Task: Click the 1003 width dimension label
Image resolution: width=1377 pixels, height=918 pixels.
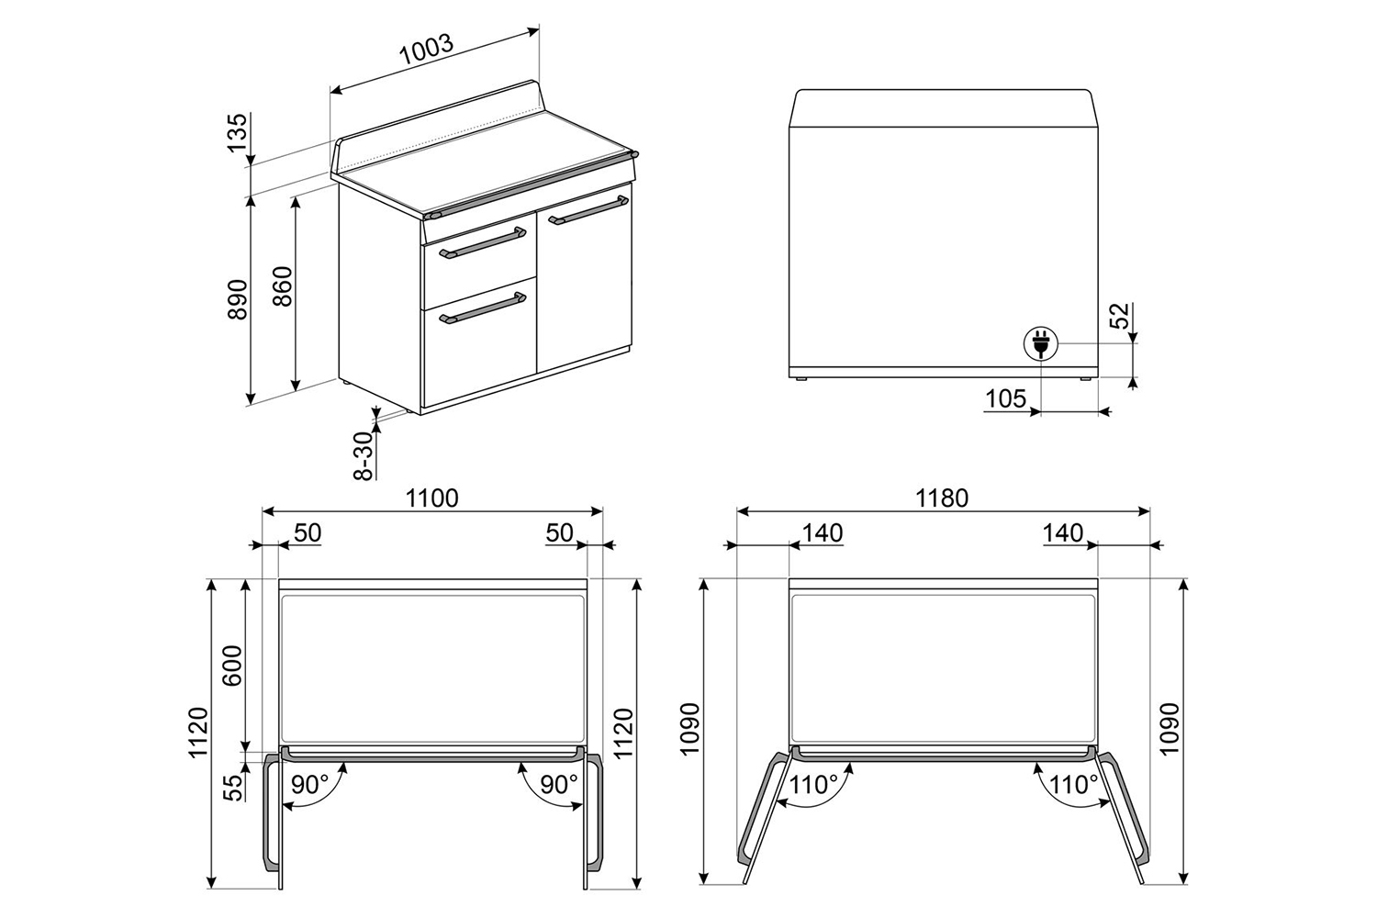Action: click(x=427, y=50)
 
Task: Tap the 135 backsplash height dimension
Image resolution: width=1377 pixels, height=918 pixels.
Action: click(x=237, y=133)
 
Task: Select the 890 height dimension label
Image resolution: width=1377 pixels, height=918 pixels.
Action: click(x=237, y=299)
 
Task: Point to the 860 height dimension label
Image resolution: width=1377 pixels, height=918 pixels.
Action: click(x=282, y=286)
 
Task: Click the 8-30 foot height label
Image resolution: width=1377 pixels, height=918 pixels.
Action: click(x=364, y=455)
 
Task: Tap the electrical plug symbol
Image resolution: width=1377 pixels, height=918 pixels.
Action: click(x=1041, y=343)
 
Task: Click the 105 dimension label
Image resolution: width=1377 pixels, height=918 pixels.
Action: click(x=1006, y=398)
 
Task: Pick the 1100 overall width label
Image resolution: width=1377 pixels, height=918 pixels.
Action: click(x=431, y=498)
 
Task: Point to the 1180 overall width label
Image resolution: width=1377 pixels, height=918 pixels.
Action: click(x=942, y=498)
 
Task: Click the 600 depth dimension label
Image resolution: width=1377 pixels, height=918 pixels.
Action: click(x=233, y=666)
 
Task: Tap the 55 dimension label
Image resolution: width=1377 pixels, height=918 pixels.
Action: click(x=233, y=788)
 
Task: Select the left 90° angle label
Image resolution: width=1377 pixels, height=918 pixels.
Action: click(x=309, y=785)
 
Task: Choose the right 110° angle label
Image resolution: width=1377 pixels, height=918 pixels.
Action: click(x=1073, y=785)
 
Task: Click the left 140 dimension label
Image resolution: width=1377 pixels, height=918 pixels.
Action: click(x=823, y=533)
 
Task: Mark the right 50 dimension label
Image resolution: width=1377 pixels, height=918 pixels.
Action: click(x=559, y=533)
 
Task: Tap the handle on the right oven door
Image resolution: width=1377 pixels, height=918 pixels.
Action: click(x=588, y=210)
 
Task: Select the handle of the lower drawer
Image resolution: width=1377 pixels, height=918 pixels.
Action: click(x=483, y=308)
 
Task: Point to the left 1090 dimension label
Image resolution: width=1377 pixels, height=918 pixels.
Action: click(x=690, y=729)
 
